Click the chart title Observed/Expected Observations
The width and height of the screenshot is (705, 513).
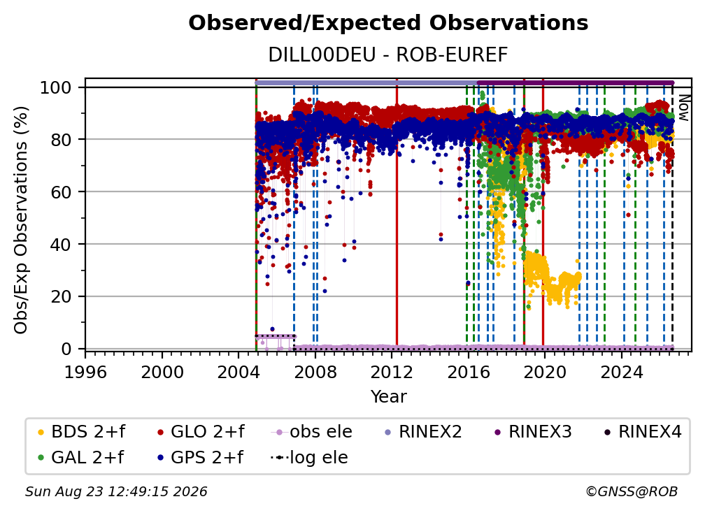click(x=388, y=23)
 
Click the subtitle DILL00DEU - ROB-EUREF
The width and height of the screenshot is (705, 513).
click(x=388, y=55)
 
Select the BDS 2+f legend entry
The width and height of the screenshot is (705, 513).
click(x=81, y=432)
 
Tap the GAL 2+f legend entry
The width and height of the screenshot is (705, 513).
click(x=80, y=457)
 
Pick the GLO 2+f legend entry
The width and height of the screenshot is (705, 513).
click(x=201, y=432)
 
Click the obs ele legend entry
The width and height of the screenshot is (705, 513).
click(x=312, y=432)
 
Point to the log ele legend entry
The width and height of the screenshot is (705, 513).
click(x=309, y=457)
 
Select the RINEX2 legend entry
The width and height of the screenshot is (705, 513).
click(x=423, y=432)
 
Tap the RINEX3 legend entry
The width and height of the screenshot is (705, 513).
click(x=533, y=432)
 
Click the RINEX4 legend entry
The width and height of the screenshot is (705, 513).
click(x=643, y=432)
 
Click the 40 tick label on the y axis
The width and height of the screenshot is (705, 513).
click(x=61, y=245)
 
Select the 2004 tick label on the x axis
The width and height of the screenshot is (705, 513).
click(x=238, y=373)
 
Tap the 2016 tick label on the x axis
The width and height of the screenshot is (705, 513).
click(x=468, y=373)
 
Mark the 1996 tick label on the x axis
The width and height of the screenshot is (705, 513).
click(x=85, y=373)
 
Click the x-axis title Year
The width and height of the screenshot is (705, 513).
click(x=388, y=397)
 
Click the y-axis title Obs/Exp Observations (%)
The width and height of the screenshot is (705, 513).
click(x=21, y=220)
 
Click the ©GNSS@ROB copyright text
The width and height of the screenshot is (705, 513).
click(x=632, y=491)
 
